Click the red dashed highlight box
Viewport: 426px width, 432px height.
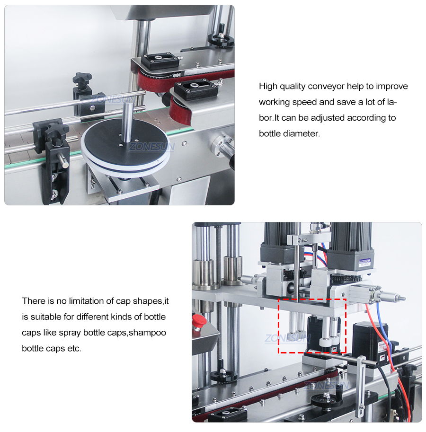(312, 326)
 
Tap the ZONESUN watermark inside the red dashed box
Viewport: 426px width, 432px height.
(287, 338)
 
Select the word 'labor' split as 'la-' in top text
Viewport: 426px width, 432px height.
(391, 102)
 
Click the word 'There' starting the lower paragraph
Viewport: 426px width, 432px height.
(33, 301)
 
